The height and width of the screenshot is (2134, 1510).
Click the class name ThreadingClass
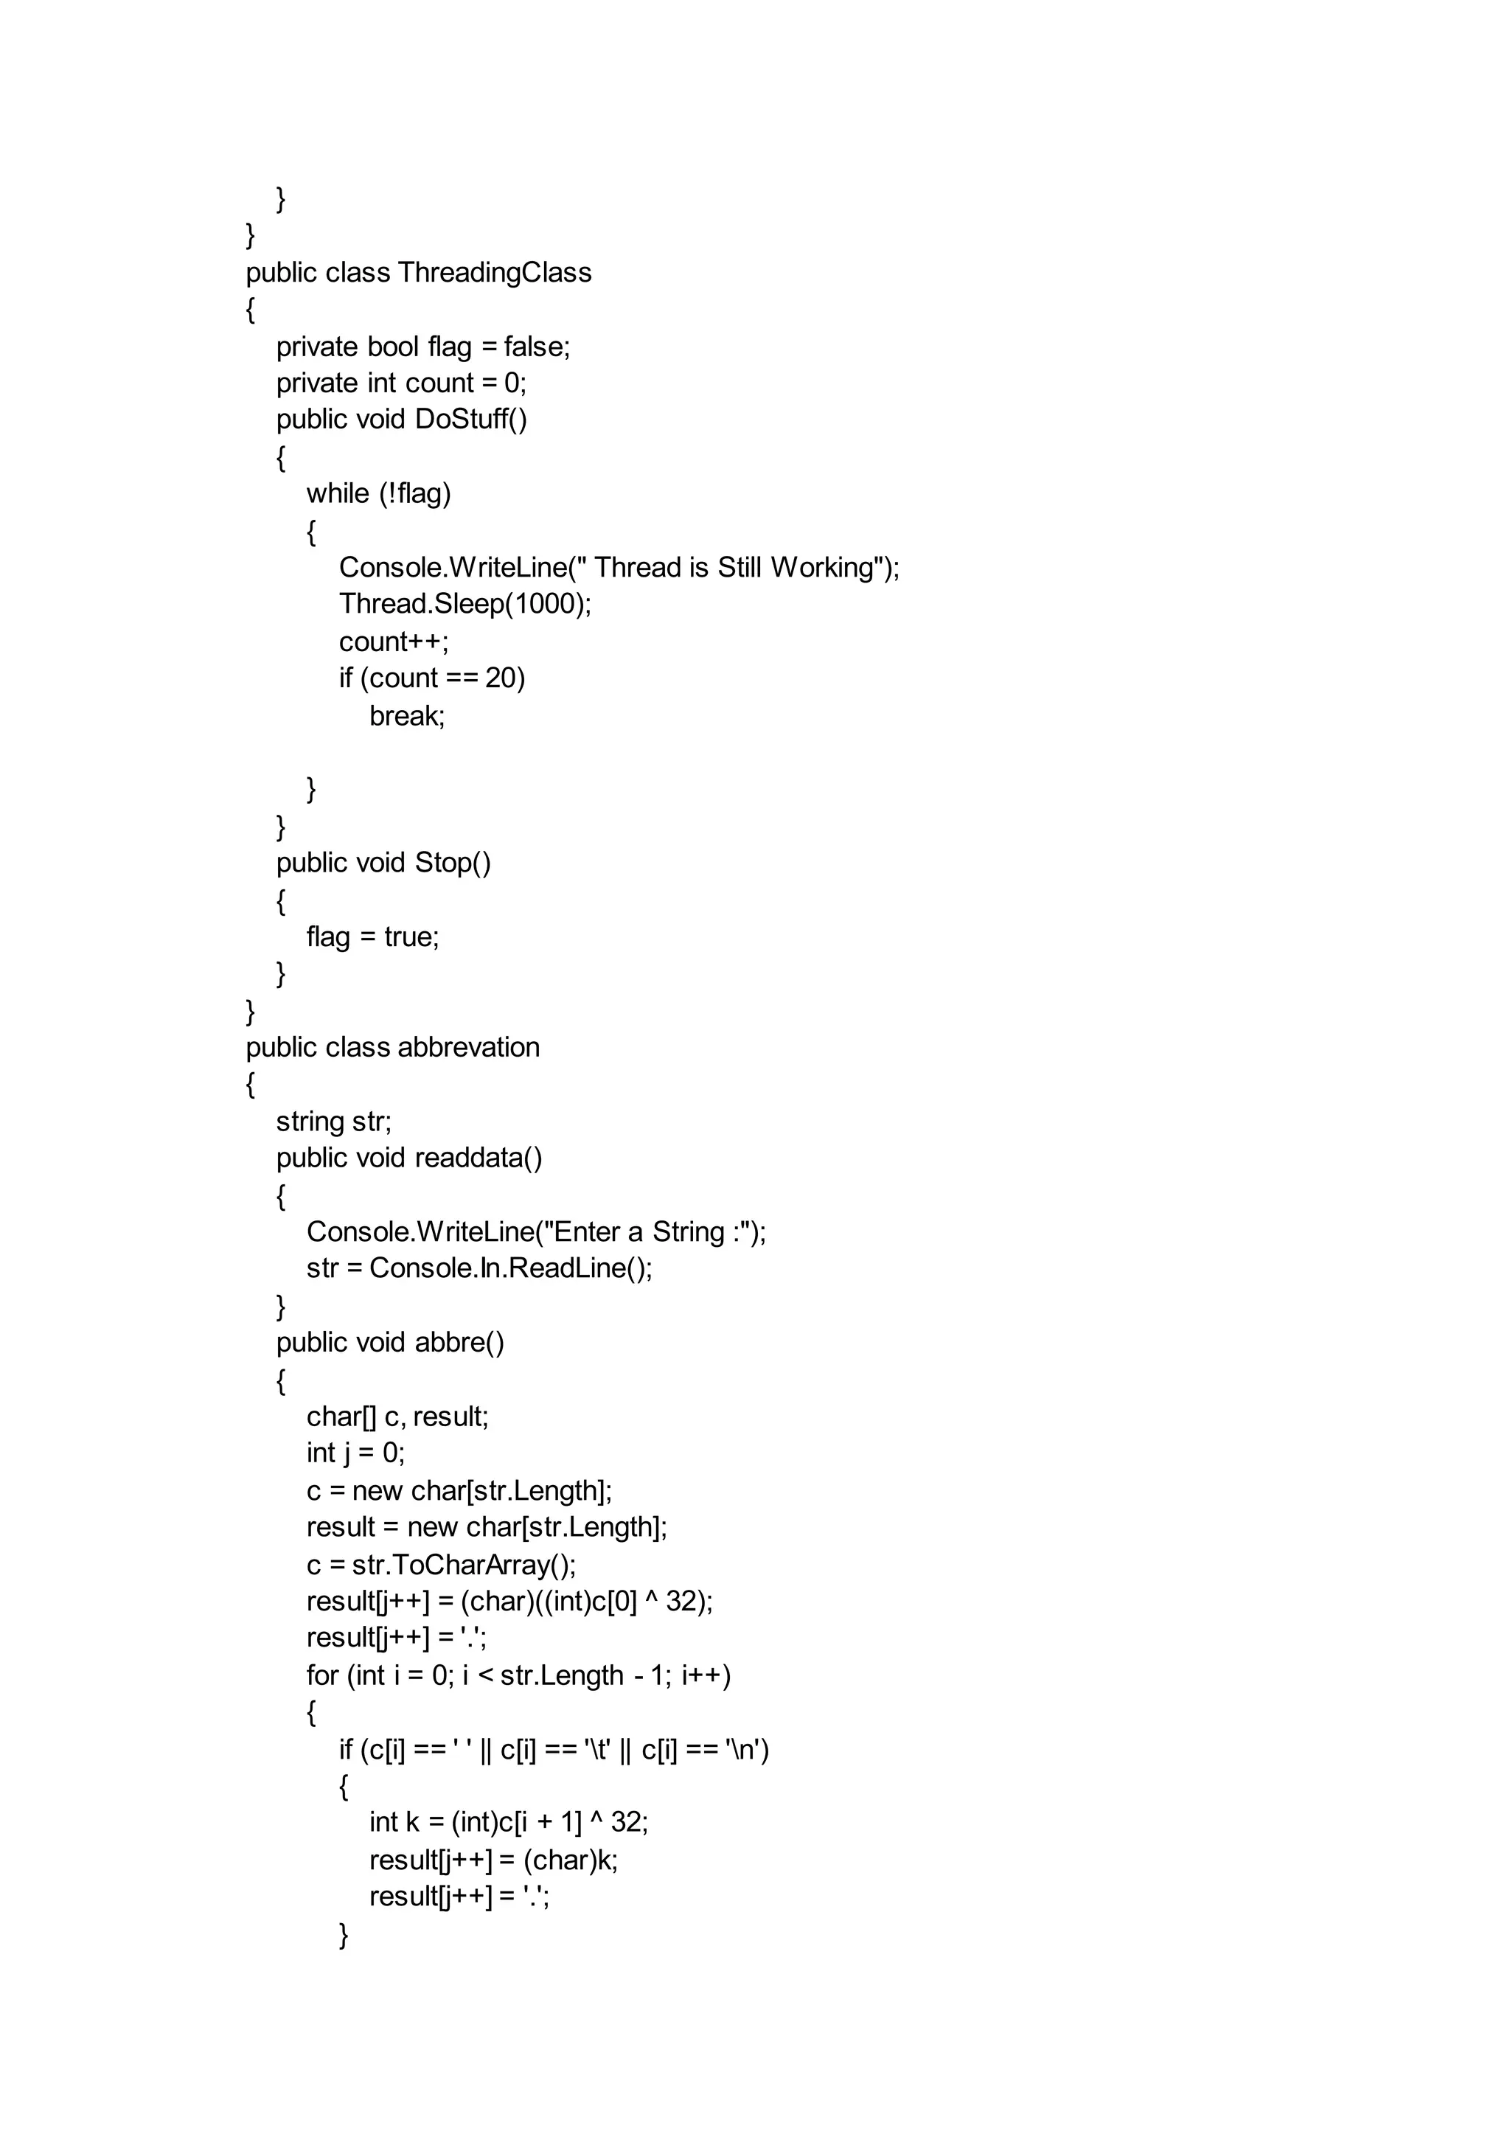coord(495,272)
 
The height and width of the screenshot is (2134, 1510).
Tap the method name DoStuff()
coord(470,420)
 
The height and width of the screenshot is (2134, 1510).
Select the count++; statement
coord(393,642)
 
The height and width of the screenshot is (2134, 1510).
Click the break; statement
coord(407,716)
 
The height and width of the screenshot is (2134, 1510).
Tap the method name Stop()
coord(453,863)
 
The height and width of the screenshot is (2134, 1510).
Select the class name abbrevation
coord(469,1048)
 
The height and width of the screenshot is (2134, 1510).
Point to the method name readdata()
coord(478,1158)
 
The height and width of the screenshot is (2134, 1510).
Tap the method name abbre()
coord(459,1343)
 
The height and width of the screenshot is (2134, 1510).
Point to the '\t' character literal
coord(598,1750)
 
